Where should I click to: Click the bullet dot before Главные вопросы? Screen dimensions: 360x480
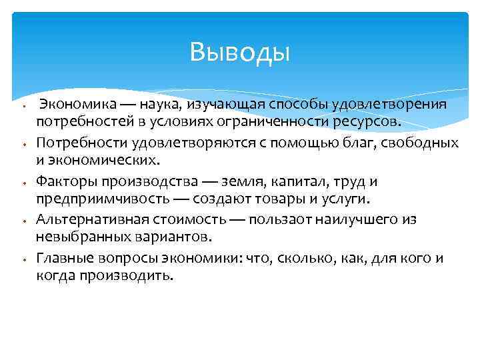(x=23, y=259)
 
